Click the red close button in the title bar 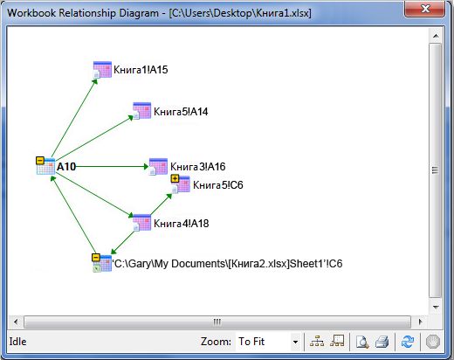(x=424, y=9)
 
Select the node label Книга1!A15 (x=141, y=70)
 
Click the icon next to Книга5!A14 (x=142, y=111)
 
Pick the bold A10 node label (x=66, y=167)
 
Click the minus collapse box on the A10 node (x=40, y=161)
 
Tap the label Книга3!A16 (x=198, y=167)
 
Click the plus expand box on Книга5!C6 (x=175, y=178)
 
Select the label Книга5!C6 (x=218, y=185)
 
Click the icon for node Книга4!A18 (x=142, y=223)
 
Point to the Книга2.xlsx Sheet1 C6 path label (x=227, y=264)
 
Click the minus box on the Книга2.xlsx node (x=96, y=258)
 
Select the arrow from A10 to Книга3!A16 (x=112, y=167)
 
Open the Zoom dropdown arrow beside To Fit (x=295, y=342)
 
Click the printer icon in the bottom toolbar (x=382, y=342)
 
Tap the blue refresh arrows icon (x=408, y=342)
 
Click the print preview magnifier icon (x=362, y=342)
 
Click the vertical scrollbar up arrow (x=436, y=36)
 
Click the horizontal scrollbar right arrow (x=420, y=322)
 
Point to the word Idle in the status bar (x=17, y=342)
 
